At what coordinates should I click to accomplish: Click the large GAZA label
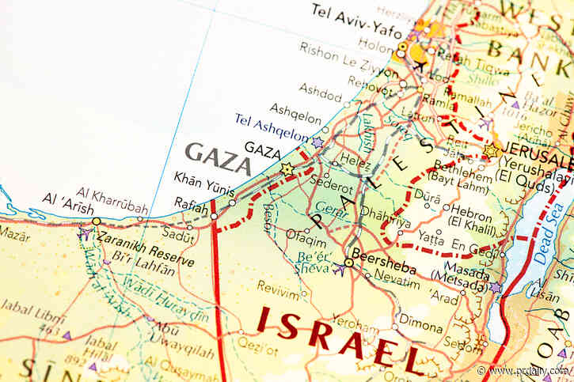point(217,158)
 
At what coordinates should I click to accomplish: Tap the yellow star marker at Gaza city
point(287,168)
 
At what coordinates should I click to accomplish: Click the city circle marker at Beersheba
point(348,263)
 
